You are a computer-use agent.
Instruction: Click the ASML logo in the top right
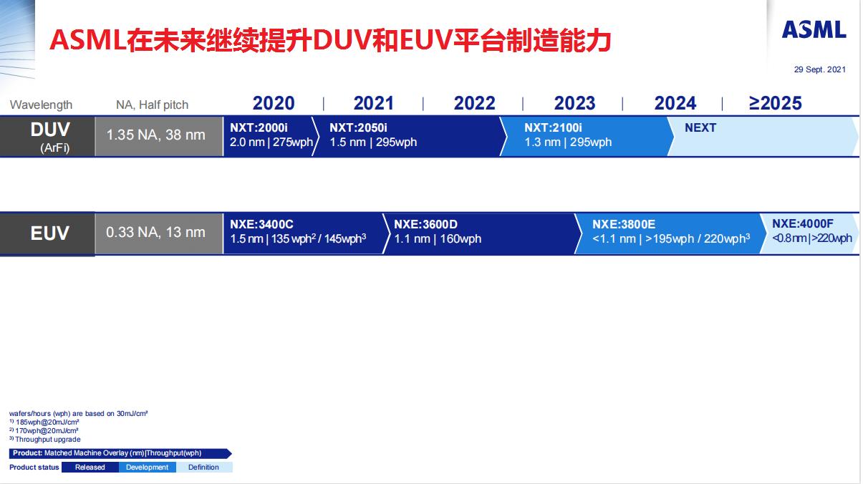tap(814, 29)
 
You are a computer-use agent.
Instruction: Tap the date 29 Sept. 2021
tap(819, 69)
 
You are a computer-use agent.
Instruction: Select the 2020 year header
tap(274, 103)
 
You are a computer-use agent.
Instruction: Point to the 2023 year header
tap(574, 103)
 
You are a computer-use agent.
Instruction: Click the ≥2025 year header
tap(775, 103)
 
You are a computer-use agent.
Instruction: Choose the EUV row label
tap(49, 233)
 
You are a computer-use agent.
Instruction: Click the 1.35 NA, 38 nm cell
tap(156, 135)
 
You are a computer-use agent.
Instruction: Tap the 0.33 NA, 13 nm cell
tap(155, 232)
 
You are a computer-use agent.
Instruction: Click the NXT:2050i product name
tap(358, 127)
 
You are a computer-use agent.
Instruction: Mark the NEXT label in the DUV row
tap(700, 127)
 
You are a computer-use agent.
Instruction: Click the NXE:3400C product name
tap(261, 224)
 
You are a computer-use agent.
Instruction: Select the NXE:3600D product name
tap(425, 224)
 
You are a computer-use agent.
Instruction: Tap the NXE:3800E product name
tap(624, 224)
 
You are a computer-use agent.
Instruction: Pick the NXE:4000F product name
tap(802, 223)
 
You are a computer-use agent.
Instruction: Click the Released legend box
tap(90, 468)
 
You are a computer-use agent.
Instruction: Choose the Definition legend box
tap(203, 468)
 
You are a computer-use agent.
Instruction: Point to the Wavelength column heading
tap(41, 105)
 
